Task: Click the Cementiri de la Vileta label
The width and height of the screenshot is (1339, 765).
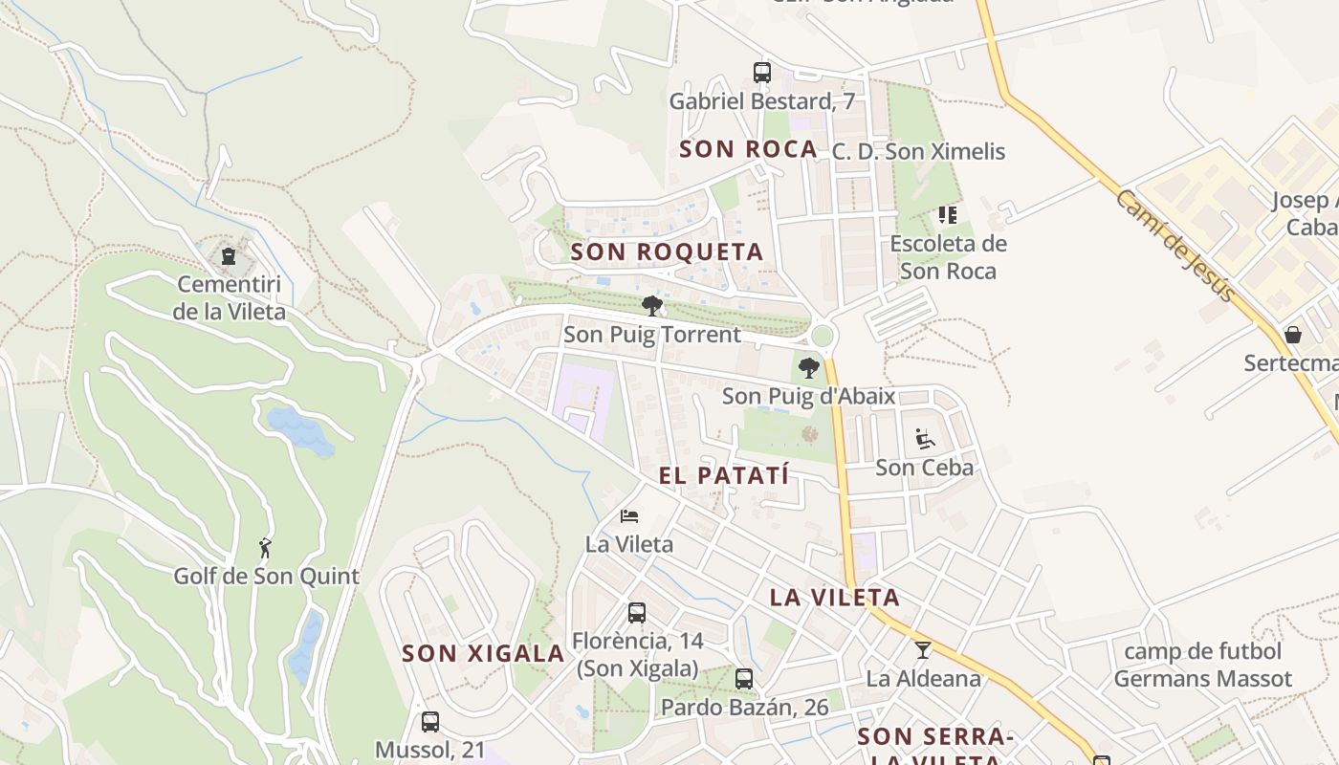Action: [230, 297]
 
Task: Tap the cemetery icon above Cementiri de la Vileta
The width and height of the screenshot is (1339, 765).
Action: [229, 256]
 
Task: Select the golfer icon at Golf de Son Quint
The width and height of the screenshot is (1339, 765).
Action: [265, 548]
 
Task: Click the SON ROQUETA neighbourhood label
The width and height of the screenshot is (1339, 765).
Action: [667, 252]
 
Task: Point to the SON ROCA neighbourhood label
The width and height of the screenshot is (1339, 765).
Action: [748, 149]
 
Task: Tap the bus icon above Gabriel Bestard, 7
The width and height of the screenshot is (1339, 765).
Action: [762, 72]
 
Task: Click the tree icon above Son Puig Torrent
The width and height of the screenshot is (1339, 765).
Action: [652, 306]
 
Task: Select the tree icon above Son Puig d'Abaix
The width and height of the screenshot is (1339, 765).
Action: [809, 367]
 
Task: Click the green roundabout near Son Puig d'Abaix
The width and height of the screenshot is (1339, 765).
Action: [822, 336]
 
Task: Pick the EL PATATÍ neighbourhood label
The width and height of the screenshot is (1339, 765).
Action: [724, 475]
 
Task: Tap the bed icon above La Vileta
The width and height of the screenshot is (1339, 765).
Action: [629, 516]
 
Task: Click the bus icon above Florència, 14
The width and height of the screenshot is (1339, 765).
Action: [637, 613]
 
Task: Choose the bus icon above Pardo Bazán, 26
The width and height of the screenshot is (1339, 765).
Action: [744, 679]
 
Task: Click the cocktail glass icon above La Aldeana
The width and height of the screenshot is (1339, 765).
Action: [923, 650]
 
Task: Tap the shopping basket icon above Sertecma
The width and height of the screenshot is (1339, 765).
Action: [1293, 335]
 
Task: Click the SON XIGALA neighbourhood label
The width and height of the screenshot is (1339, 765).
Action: [483, 654]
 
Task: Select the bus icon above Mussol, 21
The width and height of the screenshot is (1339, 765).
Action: [430, 722]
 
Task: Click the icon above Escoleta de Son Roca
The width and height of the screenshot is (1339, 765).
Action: [948, 215]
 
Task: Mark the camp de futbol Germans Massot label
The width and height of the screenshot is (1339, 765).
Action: [1202, 666]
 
